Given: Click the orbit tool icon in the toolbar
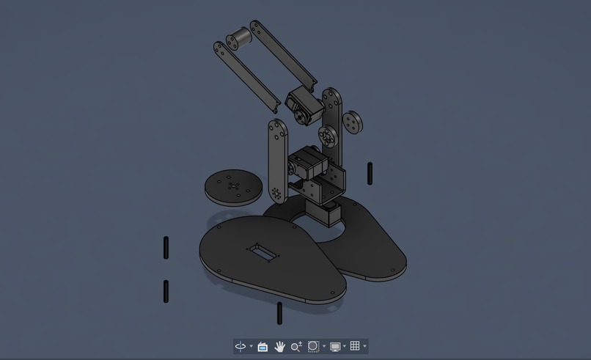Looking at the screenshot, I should pyautogui.click(x=241, y=346).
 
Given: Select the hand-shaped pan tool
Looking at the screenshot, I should pyautogui.click(x=279, y=346).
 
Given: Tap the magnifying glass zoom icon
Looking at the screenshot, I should pyautogui.click(x=296, y=346).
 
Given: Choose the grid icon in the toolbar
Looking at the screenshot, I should pyautogui.click(x=355, y=346).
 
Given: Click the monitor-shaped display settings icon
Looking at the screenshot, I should pyautogui.click(x=335, y=346).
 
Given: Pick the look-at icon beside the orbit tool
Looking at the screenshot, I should pyautogui.click(x=263, y=346).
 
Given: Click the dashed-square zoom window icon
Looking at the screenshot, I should pyautogui.click(x=314, y=346).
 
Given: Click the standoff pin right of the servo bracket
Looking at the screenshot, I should pyautogui.click(x=370, y=173).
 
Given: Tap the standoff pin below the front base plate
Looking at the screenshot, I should pyautogui.click(x=279, y=313).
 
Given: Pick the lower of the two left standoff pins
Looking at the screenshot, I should pyautogui.click(x=166, y=291).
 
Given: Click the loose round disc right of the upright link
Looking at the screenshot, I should pyautogui.click(x=353, y=122).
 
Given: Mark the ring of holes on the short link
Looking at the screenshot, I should pyautogui.click(x=276, y=193).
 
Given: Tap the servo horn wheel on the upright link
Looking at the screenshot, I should pyautogui.click(x=326, y=136).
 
